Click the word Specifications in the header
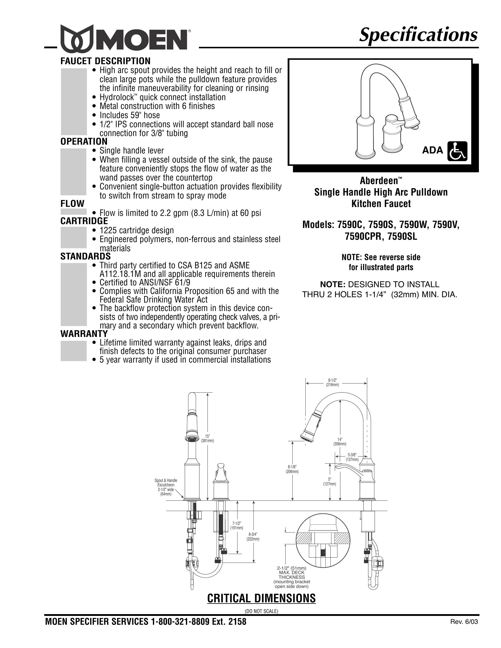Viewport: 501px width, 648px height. [418, 35]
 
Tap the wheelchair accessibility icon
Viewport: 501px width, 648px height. [457, 151]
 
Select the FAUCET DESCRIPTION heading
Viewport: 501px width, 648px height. [106, 61]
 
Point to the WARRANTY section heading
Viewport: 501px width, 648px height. [84, 334]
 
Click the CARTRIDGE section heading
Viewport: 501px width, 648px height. [84, 221]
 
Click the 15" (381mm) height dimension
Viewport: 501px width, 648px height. [207, 438]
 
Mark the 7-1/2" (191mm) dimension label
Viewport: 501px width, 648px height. [237, 525]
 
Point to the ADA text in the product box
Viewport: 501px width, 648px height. [432, 151]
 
